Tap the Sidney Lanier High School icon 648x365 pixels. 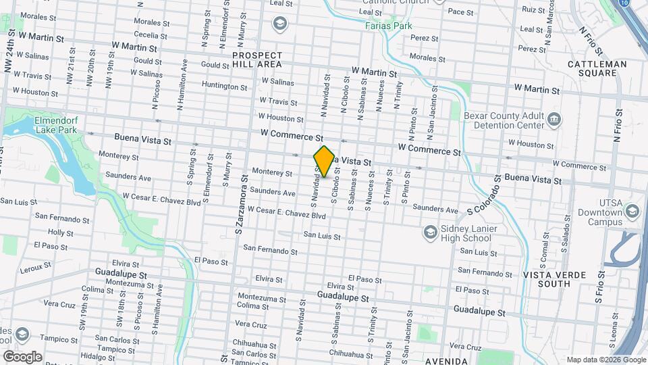[x=429, y=233]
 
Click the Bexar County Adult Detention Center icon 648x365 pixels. [x=554, y=120]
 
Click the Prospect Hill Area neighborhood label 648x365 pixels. [x=256, y=59]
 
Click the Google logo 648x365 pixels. [x=22, y=356]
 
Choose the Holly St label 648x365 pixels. [x=61, y=233]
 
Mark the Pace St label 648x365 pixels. [x=460, y=11]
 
